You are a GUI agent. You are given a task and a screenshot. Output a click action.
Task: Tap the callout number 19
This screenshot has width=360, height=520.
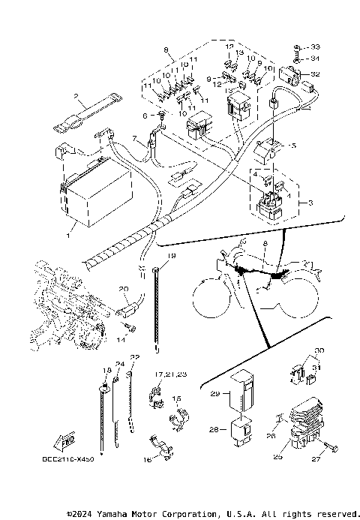[171, 257]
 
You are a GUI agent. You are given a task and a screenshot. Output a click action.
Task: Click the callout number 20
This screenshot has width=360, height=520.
[124, 289]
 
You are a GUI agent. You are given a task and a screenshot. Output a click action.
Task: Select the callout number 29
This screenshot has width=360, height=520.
[214, 393]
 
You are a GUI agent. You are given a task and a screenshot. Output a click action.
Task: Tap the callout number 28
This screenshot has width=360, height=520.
[213, 431]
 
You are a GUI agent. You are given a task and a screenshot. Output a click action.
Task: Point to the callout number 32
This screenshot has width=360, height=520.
[315, 74]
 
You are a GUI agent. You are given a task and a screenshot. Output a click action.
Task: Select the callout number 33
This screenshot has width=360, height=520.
[315, 47]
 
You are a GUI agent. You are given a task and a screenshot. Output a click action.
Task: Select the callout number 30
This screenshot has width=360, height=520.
[318, 350]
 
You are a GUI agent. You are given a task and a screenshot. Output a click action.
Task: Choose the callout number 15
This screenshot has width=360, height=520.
[177, 398]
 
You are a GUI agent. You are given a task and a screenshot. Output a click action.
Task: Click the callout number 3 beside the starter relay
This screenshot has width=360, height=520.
[302, 203]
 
